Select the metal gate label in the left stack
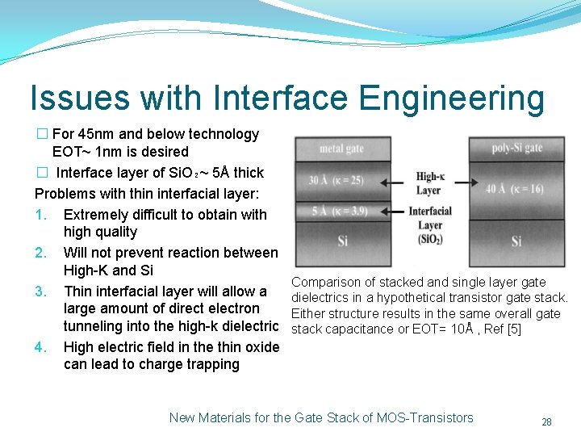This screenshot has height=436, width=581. click(x=341, y=149)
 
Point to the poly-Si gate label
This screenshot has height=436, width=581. click(x=516, y=148)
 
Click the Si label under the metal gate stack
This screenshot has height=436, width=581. click(x=342, y=241)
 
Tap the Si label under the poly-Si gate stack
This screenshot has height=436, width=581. click(x=516, y=241)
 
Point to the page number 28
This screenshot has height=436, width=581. click(x=546, y=422)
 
